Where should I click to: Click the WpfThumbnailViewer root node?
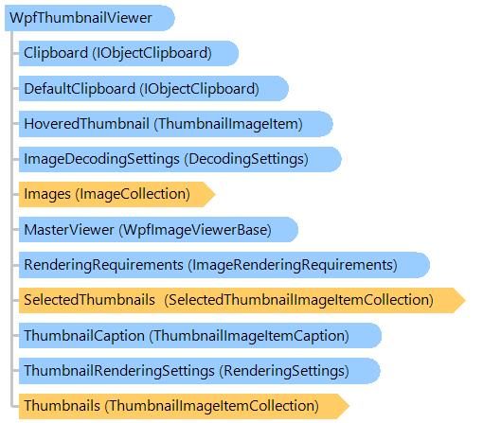click(x=90, y=18)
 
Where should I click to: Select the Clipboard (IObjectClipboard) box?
click(x=129, y=53)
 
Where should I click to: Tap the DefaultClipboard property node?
click(x=153, y=88)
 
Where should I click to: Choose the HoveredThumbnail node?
click(x=176, y=124)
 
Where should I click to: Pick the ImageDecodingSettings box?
click(x=180, y=159)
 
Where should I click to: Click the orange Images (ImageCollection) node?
click(x=117, y=194)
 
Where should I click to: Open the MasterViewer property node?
click(x=158, y=230)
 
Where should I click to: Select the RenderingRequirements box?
click(x=224, y=265)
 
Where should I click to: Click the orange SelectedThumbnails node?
click(x=242, y=300)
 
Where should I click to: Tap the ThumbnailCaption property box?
click(x=200, y=336)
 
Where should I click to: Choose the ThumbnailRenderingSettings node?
click(x=200, y=371)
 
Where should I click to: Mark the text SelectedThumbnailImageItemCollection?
click(x=299, y=300)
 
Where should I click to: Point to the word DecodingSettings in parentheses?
click(x=246, y=159)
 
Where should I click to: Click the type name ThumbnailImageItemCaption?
click(x=249, y=336)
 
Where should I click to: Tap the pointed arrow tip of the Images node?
click(x=215, y=194)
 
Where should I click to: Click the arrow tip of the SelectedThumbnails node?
click(x=465, y=300)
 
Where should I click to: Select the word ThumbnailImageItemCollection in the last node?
click(x=212, y=406)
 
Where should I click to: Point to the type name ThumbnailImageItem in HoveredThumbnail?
click(x=228, y=124)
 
